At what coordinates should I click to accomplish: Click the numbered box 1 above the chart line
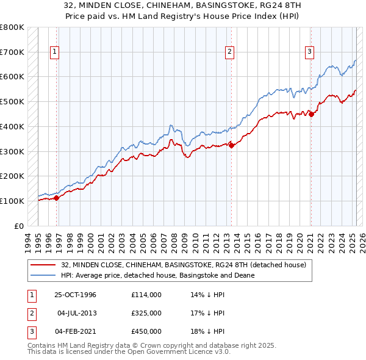(x=55, y=52)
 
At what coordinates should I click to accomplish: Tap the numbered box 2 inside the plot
(x=230, y=52)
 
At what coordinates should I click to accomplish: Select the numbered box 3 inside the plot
(x=310, y=52)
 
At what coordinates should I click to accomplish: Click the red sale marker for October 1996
(x=56, y=198)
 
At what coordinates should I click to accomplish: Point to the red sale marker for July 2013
(x=231, y=145)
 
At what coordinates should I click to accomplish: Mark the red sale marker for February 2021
(x=311, y=113)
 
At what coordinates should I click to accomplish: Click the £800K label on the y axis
(x=12, y=27)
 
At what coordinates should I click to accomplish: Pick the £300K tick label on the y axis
(x=12, y=151)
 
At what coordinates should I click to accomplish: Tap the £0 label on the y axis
(x=18, y=226)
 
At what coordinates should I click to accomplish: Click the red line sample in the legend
(x=43, y=265)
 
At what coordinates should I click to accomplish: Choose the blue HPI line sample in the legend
(x=43, y=275)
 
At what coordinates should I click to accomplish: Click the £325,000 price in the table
(x=146, y=313)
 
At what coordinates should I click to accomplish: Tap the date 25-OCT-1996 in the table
(x=75, y=295)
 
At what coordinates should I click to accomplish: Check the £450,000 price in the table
(x=146, y=331)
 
